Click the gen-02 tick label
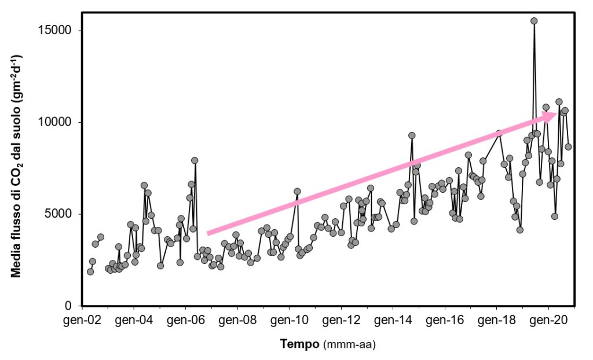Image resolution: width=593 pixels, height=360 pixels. click(x=83, y=319)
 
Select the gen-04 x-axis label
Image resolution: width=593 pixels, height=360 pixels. click(x=134, y=319)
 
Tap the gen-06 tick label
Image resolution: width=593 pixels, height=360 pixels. click(x=185, y=319)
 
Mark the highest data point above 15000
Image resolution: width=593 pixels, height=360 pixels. click(x=534, y=21)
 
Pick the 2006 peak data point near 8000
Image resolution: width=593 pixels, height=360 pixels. click(x=195, y=160)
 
